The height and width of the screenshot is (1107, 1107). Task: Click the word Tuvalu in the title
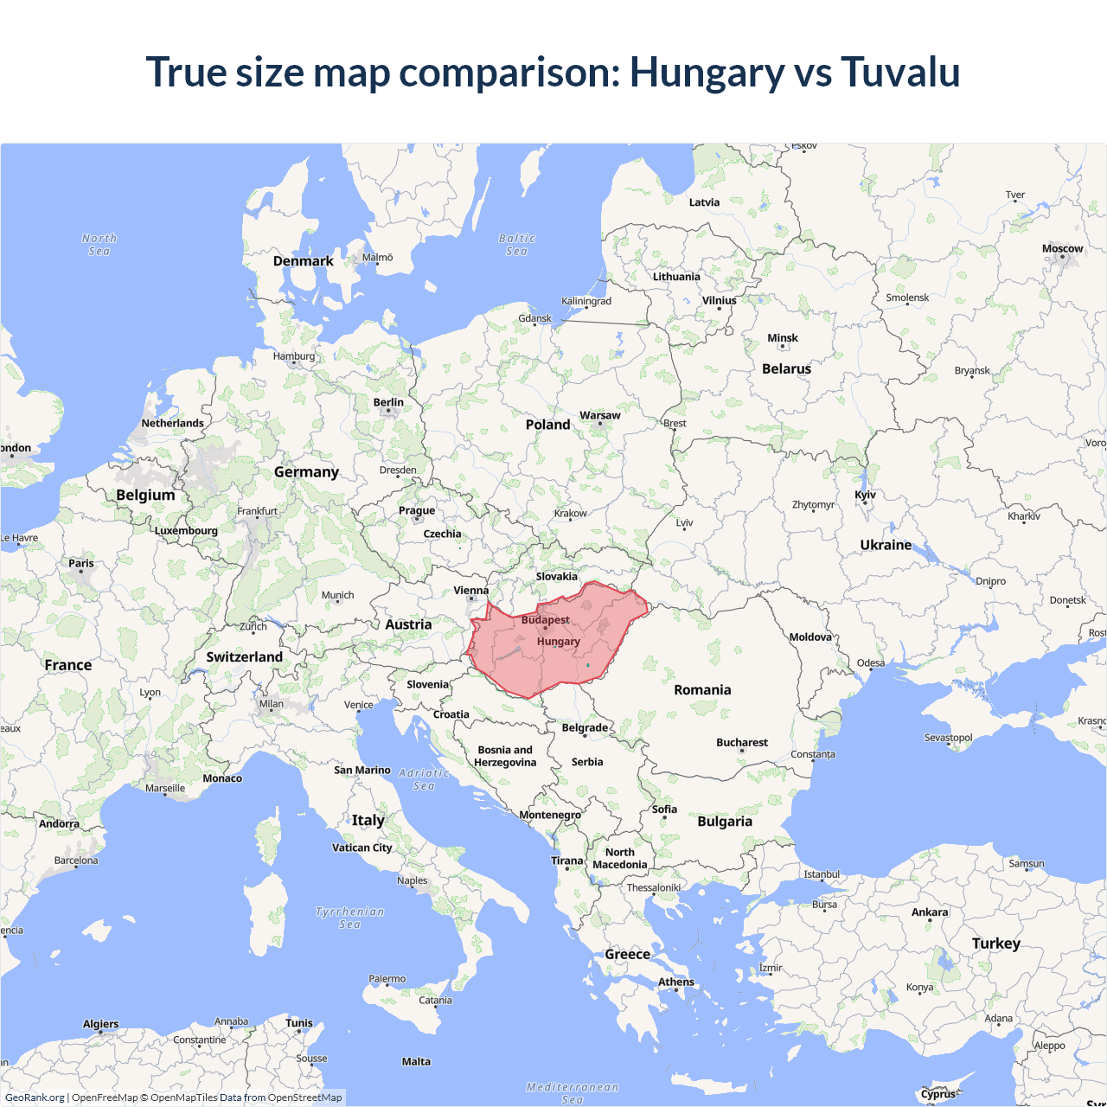(900, 72)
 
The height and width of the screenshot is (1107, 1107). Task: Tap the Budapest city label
(545, 620)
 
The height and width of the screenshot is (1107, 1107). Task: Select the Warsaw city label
(599, 415)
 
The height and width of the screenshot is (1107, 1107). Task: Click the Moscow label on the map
(1062, 248)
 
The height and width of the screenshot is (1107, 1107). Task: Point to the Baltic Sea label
(517, 245)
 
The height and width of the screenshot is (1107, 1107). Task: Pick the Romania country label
(702, 689)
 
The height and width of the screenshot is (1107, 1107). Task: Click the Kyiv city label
(865, 495)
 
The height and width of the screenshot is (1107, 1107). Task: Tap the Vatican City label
(362, 848)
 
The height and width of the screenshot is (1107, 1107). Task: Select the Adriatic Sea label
(424, 779)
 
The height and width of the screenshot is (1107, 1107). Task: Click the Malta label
(416, 1061)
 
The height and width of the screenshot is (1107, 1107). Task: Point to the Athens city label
(676, 982)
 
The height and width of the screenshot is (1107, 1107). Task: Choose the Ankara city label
(930, 912)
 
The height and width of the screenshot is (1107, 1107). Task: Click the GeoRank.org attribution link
(35, 1097)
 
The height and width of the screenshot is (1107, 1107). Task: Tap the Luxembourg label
(186, 530)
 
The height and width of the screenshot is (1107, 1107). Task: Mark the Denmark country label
(303, 260)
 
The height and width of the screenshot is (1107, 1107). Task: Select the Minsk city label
(783, 338)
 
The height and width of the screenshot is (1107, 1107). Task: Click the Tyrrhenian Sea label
(349, 918)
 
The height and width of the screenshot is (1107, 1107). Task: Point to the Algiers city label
(101, 1024)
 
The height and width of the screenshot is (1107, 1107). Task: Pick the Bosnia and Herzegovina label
(505, 756)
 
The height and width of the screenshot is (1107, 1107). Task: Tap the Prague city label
(417, 510)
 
